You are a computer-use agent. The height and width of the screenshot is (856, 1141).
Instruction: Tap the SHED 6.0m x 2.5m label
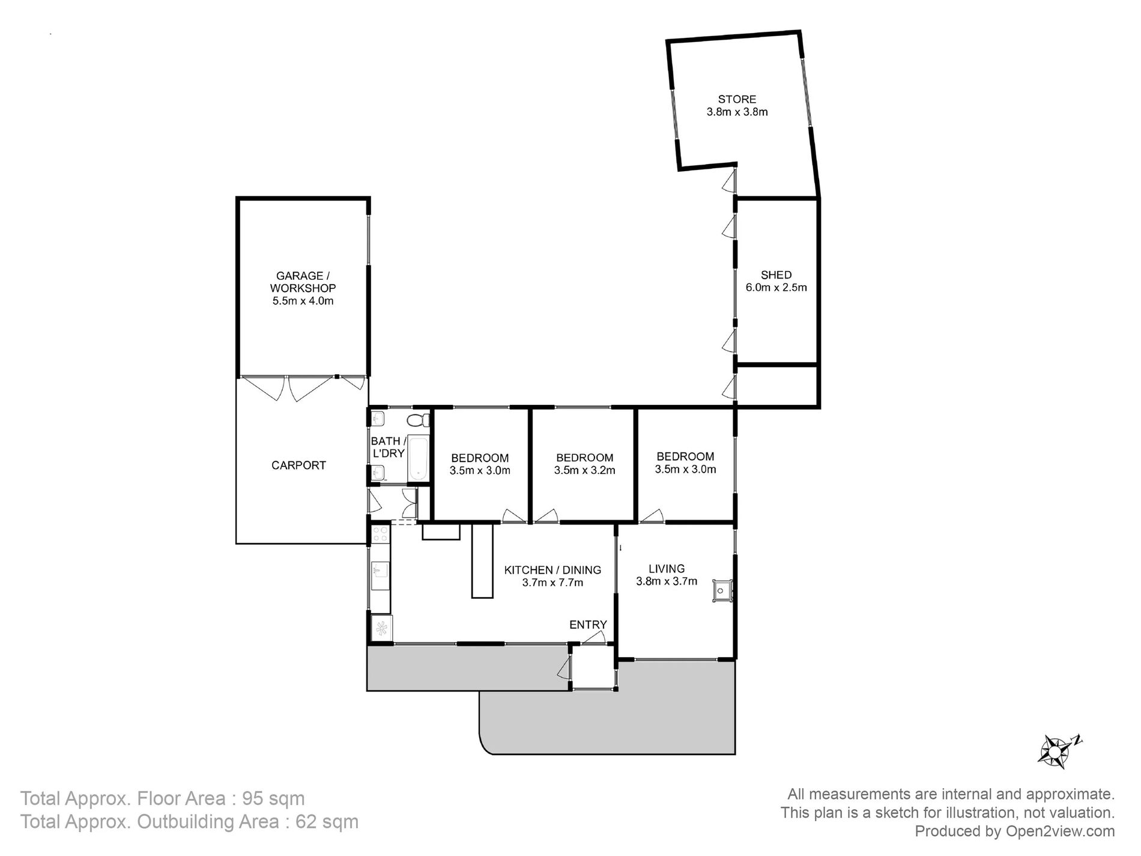click(x=776, y=281)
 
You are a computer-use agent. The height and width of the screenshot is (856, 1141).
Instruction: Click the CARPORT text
click(x=298, y=466)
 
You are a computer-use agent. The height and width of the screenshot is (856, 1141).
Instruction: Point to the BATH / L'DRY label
click(x=388, y=448)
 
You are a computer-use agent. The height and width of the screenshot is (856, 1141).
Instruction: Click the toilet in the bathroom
click(x=418, y=419)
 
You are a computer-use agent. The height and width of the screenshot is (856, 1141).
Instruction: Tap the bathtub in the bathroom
click(x=418, y=458)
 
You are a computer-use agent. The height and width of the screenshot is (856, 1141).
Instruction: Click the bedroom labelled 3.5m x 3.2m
click(x=584, y=464)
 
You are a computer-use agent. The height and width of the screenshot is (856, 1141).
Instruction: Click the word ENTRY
click(x=588, y=625)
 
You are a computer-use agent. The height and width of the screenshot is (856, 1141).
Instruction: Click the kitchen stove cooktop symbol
click(x=380, y=534)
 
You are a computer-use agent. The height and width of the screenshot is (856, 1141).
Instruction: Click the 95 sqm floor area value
click(x=273, y=799)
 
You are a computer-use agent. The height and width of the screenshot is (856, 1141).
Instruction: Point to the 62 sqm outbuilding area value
click(x=327, y=822)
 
